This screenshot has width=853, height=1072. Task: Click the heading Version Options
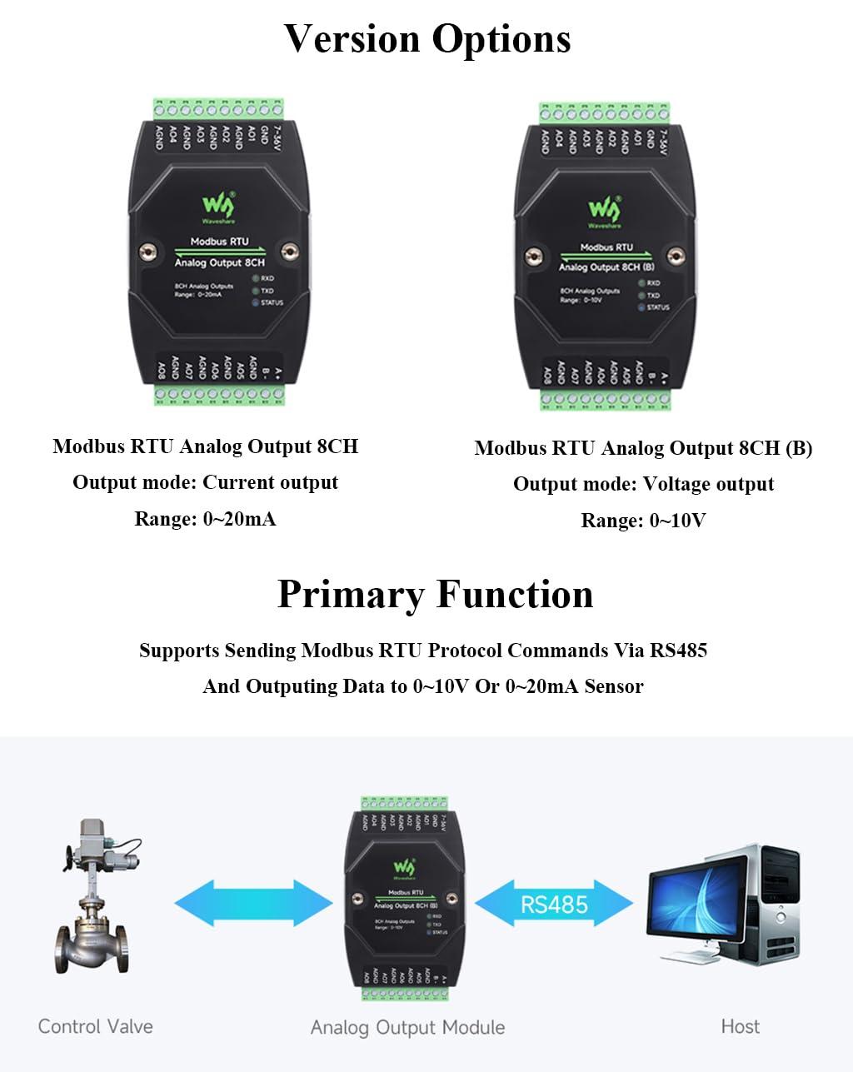pyautogui.click(x=427, y=38)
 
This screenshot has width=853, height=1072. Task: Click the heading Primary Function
pyautogui.click(x=435, y=595)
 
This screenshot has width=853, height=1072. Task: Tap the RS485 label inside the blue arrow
pyautogui.click(x=554, y=904)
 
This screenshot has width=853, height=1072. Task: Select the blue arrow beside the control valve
pyautogui.click(x=253, y=903)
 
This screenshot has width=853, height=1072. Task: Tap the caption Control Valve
pyautogui.click(x=95, y=1026)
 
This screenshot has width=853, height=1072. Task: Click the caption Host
pyautogui.click(x=740, y=1026)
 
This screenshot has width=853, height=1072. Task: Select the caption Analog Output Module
pyautogui.click(x=407, y=1028)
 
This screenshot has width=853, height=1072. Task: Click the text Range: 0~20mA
pyautogui.click(x=205, y=519)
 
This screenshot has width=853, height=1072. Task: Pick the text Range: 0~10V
pyautogui.click(x=643, y=521)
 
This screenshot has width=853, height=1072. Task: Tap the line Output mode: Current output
pyautogui.click(x=205, y=482)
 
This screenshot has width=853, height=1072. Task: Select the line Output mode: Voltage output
pyautogui.click(x=643, y=484)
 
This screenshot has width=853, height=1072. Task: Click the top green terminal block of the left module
pyautogui.click(x=218, y=109)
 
